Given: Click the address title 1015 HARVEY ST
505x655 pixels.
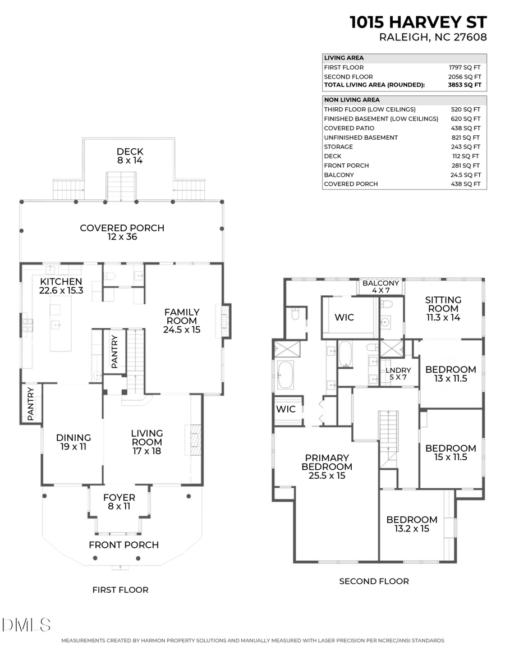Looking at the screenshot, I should (x=418, y=22).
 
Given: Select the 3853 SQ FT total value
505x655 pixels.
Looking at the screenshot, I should (x=469, y=85).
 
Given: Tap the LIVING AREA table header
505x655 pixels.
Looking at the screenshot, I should (x=344, y=58).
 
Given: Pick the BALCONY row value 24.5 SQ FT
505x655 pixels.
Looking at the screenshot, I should (x=469, y=175).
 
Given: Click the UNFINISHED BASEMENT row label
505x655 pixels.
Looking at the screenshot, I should (x=361, y=138).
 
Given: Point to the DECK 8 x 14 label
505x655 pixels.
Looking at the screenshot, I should (x=130, y=155).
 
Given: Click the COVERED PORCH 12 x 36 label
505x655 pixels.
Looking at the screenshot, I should (x=122, y=232).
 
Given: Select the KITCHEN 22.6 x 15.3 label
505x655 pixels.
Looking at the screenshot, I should (x=61, y=286).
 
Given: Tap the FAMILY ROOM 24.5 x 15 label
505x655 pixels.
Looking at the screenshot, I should (x=182, y=321).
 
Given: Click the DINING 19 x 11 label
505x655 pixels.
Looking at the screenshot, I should (x=74, y=442).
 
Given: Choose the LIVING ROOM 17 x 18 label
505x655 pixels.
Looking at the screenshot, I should (x=147, y=442).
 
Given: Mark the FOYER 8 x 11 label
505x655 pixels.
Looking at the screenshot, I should (x=119, y=502).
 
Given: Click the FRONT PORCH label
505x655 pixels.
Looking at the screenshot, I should (x=123, y=544).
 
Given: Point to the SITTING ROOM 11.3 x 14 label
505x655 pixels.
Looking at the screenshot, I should (x=443, y=308).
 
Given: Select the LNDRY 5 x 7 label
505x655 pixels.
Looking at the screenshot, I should (x=398, y=374).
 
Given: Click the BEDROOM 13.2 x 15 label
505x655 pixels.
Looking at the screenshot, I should (x=411, y=524).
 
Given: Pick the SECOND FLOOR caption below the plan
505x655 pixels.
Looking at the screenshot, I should (x=374, y=581).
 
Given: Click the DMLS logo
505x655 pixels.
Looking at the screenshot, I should (x=26, y=625).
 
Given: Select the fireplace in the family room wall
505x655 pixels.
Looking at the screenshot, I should (x=225, y=320).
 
